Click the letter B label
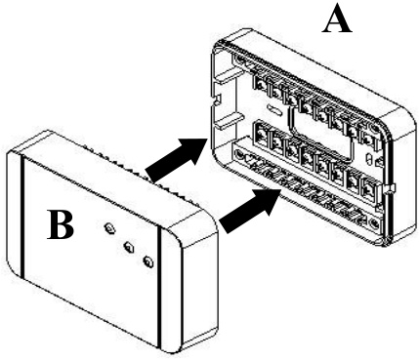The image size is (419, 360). pyautogui.click(x=61, y=224)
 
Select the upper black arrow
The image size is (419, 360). pyautogui.click(x=177, y=158)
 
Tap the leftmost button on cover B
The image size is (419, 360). pyautogui.click(x=109, y=227)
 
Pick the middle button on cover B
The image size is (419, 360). pyautogui.click(x=129, y=246)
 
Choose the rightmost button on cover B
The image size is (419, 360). pyautogui.click(x=148, y=260)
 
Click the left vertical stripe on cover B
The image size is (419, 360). pyautogui.click(x=22, y=219)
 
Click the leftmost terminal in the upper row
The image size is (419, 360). pyautogui.click(x=260, y=85)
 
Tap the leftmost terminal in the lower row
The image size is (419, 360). pyautogui.click(x=261, y=134)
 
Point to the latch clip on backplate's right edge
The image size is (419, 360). pyautogui.click(x=390, y=189)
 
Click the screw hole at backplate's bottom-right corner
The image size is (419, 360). pyautogui.click(x=374, y=222)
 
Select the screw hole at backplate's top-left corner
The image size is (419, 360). pyautogui.click(x=240, y=60)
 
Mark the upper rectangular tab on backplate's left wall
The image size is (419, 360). pyautogui.click(x=225, y=77)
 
